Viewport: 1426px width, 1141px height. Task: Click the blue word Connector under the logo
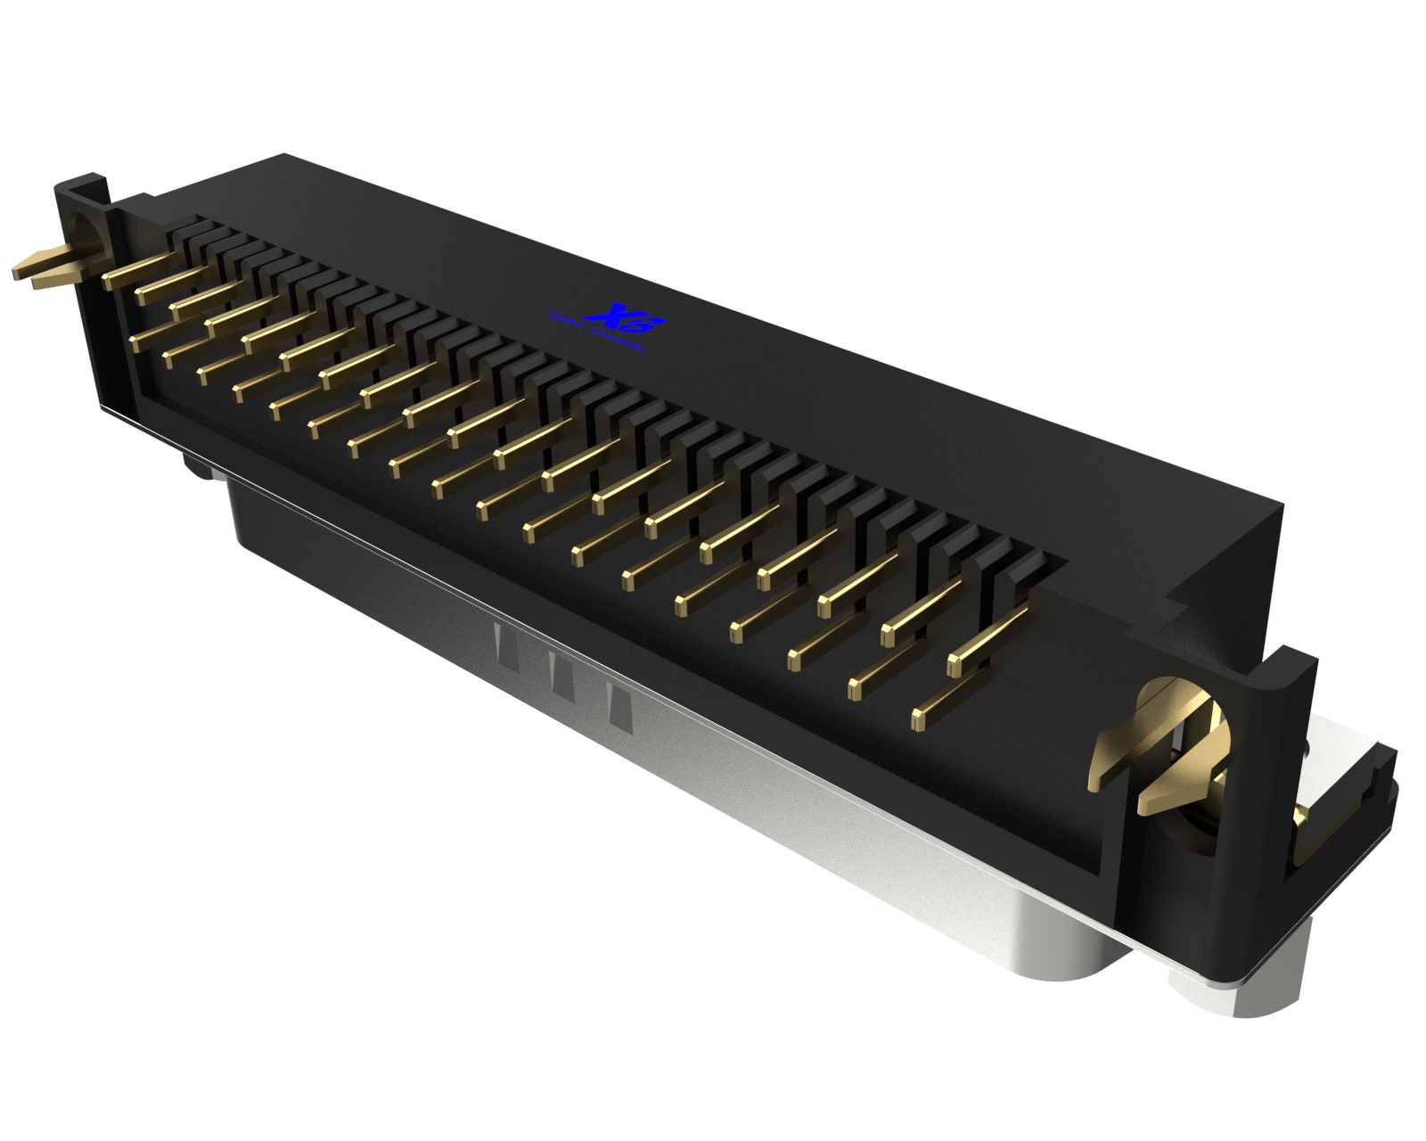[x=620, y=342]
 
